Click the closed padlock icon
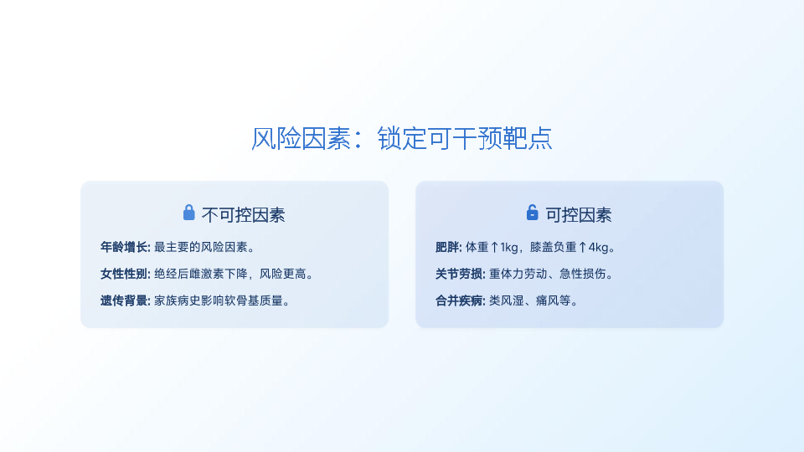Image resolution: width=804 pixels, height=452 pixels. pos(188,212)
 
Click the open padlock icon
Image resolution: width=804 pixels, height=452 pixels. pos(533,212)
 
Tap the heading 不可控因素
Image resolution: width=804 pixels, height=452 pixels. pos(243,215)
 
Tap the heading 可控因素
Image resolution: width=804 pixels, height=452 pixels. pos(579,215)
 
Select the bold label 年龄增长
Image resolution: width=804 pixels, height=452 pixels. pos(124,247)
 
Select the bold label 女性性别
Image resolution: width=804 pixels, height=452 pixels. pos(124,274)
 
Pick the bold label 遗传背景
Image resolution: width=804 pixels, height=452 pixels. pos(124,300)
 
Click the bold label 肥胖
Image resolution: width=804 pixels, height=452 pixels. pos(447,247)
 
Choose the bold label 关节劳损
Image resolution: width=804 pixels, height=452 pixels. pos(458,274)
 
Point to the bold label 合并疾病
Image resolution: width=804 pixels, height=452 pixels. pos(458,300)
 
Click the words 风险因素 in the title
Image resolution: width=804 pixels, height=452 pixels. pos(301,138)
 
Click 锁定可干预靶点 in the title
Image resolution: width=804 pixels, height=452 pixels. pos(465,138)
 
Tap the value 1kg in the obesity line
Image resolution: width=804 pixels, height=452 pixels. pos(508,248)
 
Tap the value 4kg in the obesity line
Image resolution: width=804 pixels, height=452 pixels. pos(598,248)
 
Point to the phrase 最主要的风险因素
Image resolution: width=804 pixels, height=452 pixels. pos(201,247)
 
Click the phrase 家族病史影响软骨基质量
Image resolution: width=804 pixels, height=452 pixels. pos(219,300)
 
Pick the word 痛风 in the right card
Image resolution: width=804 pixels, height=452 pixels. pos(548,300)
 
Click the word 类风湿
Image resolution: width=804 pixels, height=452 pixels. pos(507,300)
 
